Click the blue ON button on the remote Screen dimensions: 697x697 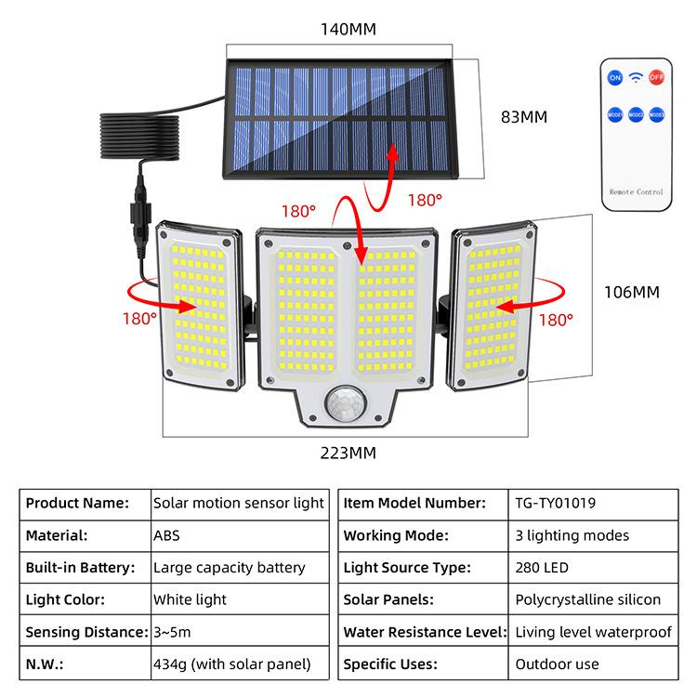614,77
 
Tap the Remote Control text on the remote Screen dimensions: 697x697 636,191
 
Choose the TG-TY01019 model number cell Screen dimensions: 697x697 555,504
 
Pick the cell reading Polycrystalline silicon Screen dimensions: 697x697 587,599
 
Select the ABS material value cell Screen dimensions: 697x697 166,535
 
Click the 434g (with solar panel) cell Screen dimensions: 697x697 231,664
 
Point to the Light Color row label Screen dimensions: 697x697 65,599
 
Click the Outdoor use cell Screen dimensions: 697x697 557,664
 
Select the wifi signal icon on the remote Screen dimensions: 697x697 636,77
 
